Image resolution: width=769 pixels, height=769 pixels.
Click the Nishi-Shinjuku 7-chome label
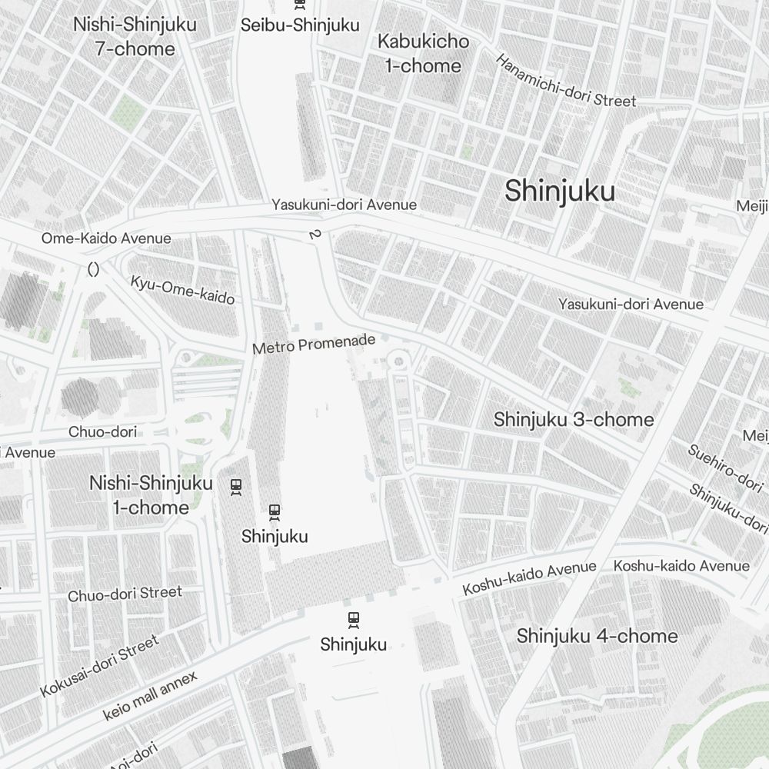point(135,36)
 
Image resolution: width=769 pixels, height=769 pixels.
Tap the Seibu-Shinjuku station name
point(300,25)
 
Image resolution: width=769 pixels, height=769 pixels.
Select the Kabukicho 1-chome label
point(423,53)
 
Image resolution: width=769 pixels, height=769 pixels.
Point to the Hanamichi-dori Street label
point(565,81)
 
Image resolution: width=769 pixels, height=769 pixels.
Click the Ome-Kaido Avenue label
point(106,238)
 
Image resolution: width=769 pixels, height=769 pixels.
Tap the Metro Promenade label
point(314,344)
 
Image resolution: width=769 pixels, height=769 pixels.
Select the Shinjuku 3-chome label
point(574,420)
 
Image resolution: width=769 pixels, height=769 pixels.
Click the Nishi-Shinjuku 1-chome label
point(151,495)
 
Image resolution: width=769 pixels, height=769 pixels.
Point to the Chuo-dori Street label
point(125,594)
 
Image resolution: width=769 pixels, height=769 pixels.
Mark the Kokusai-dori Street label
point(100,666)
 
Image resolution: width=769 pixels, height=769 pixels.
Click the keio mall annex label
point(150,696)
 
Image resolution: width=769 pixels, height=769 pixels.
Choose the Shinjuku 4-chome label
point(597,636)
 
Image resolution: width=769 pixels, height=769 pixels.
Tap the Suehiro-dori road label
point(725,467)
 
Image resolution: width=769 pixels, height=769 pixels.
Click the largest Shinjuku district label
point(560,191)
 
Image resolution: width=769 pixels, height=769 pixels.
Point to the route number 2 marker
point(313,234)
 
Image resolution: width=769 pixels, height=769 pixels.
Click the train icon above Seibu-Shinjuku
point(300,4)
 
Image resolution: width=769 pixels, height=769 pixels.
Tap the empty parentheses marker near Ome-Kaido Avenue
point(94,269)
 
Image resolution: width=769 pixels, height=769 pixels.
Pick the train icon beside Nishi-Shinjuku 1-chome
point(236,486)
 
